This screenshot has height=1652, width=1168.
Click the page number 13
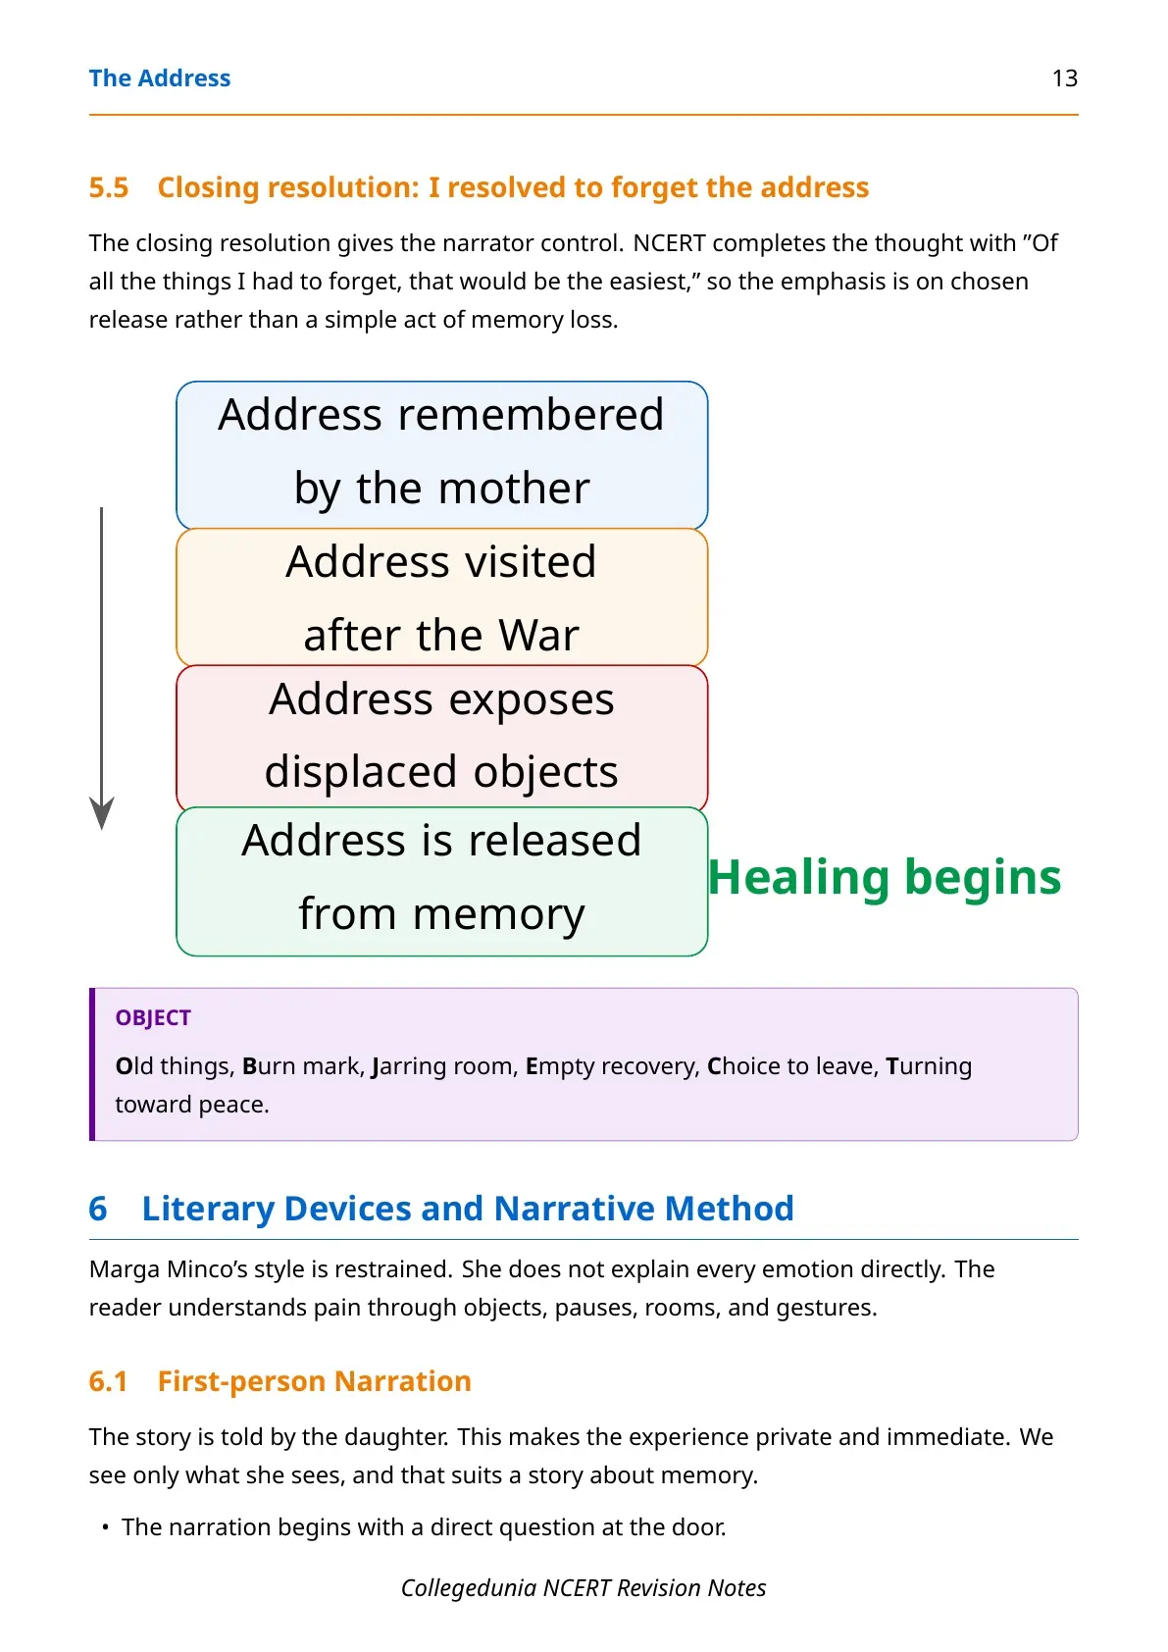point(1064,78)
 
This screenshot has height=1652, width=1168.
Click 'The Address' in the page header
point(159,78)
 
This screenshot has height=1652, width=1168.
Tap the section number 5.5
point(109,187)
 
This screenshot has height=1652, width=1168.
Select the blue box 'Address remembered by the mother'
point(441,454)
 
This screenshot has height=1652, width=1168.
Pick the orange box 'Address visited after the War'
point(441,597)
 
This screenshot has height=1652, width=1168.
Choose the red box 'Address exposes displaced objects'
point(441,737)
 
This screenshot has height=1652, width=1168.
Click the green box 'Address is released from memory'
point(441,881)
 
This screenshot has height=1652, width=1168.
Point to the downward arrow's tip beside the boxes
point(102,829)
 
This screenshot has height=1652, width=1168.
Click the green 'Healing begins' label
point(885,878)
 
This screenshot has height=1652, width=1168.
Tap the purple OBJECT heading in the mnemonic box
point(153,1017)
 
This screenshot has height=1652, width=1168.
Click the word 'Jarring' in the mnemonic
point(409,1066)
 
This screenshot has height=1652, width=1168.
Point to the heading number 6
point(98,1208)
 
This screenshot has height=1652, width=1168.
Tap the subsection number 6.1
point(108,1380)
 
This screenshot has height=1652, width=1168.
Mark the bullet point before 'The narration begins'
point(106,1526)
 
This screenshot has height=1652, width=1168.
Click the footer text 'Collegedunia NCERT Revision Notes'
point(584,1588)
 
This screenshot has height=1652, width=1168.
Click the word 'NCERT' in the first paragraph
point(669,242)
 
